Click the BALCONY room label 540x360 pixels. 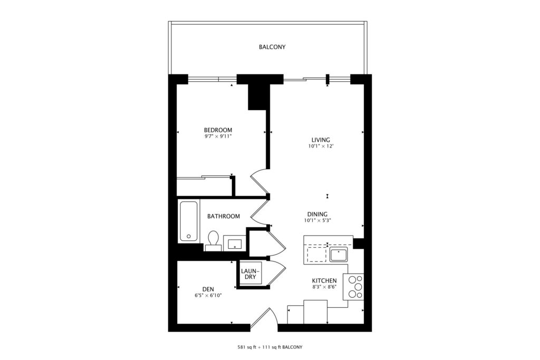click(272, 47)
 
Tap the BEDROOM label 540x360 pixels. click(218, 130)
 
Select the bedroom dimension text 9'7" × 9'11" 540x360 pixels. click(218, 137)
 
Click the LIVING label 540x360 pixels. click(321, 140)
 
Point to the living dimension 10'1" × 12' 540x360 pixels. click(321, 146)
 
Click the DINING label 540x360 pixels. click(317, 214)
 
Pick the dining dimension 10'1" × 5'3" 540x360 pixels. click(317, 221)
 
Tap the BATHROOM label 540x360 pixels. click(224, 216)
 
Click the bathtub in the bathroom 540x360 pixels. click(189, 221)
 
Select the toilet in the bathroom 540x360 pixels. click(214, 240)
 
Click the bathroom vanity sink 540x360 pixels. click(235, 244)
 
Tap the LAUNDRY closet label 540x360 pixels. click(250, 274)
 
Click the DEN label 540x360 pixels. click(208, 289)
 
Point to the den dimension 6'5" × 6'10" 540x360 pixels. click(208, 295)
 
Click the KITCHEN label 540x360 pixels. click(324, 280)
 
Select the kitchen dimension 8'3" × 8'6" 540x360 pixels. click(324, 287)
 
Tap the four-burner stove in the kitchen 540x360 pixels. click(353, 286)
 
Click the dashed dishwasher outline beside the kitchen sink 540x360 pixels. click(315, 254)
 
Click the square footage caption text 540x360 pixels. click(270, 347)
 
